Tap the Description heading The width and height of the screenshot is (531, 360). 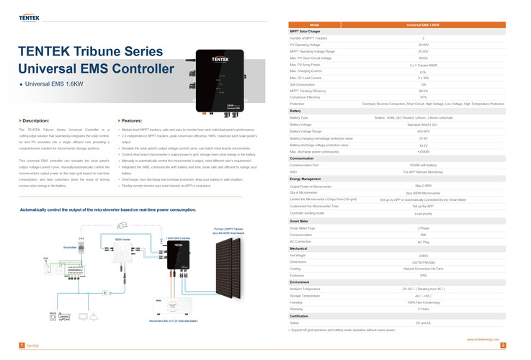tap(36, 120)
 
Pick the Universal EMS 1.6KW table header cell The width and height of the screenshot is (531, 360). tap(423, 24)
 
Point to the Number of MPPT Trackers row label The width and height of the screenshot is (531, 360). tap(310, 37)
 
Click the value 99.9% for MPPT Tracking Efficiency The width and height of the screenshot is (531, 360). tap(423, 91)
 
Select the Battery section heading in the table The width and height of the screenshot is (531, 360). tap(295, 111)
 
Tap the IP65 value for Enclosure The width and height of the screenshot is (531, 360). tap(423, 275)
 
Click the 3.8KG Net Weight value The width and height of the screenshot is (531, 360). tap(423, 255)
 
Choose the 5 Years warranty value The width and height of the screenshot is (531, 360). tap(423, 309)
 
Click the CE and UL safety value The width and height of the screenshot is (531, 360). tap(423, 323)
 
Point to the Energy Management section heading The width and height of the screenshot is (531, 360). tap(305, 178)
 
